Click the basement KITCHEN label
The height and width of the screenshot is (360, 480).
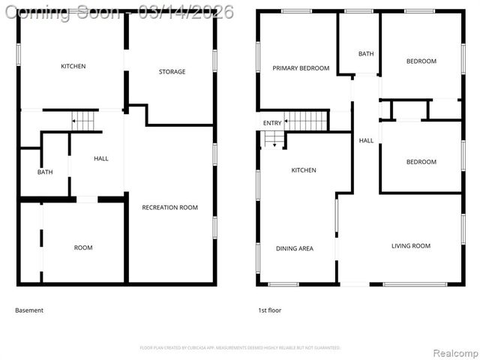(x=73, y=66)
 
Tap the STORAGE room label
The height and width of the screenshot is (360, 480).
(x=172, y=72)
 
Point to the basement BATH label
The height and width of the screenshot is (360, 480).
(x=45, y=172)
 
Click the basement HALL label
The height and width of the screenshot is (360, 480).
(x=100, y=158)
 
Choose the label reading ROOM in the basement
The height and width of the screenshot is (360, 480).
(x=82, y=247)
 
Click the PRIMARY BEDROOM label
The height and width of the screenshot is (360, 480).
(x=301, y=68)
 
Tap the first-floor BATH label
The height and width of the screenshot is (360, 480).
(x=366, y=54)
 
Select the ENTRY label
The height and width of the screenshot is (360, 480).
(x=271, y=123)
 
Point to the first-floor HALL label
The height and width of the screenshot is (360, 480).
(x=366, y=140)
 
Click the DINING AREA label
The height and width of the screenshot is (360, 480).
(x=295, y=248)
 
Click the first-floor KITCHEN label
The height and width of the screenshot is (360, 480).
(x=304, y=170)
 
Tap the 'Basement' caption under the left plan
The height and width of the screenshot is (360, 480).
(x=29, y=310)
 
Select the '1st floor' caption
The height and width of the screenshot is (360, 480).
(x=270, y=310)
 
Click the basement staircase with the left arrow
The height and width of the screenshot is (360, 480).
(x=85, y=120)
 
